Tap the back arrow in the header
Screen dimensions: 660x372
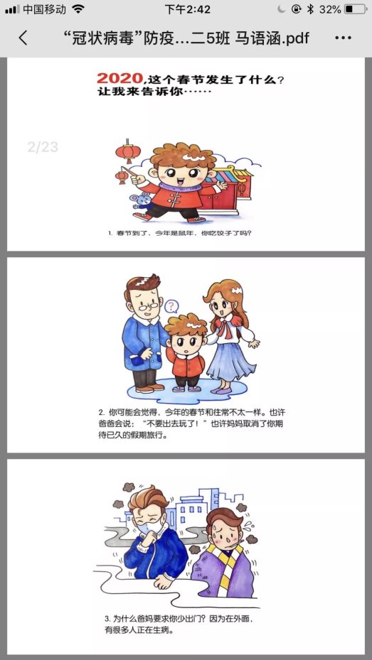pos(23,38)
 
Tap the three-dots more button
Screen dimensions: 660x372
pos(343,38)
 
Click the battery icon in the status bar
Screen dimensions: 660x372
pos(355,10)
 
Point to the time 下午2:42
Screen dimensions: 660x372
pos(187,10)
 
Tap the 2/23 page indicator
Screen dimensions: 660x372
pos(43,147)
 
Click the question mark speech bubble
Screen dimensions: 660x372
pos(171,307)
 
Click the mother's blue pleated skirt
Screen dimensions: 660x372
pos(233,363)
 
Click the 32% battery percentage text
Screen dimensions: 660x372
pos(330,10)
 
